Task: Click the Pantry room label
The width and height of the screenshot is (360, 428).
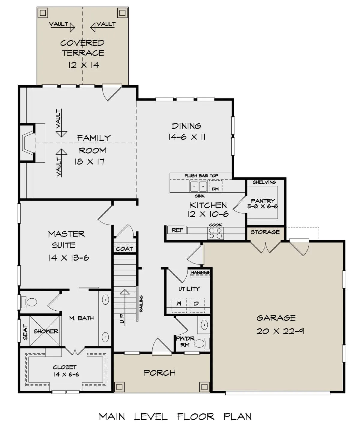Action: coord(263,201)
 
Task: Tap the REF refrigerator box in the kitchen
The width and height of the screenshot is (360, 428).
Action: coord(177,230)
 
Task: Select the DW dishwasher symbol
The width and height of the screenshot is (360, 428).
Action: coord(215,187)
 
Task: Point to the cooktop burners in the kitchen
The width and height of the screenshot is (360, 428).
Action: coord(215,233)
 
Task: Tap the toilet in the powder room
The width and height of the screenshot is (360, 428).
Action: coord(202,343)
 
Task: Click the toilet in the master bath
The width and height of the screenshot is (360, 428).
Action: coord(29,302)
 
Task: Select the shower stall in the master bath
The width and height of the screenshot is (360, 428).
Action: coord(45,331)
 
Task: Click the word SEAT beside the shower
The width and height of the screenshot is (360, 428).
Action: coord(25,332)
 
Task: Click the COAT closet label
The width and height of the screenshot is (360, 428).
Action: coord(124,249)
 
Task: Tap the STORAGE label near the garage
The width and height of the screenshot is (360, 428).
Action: coord(265,232)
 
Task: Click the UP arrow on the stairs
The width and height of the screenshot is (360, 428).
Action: coord(125,307)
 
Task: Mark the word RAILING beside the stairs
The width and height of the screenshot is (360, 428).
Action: coord(141,304)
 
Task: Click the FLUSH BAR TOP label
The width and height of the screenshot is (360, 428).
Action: coord(201,176)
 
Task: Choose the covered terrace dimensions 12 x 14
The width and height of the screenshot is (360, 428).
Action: coord(84,65)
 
